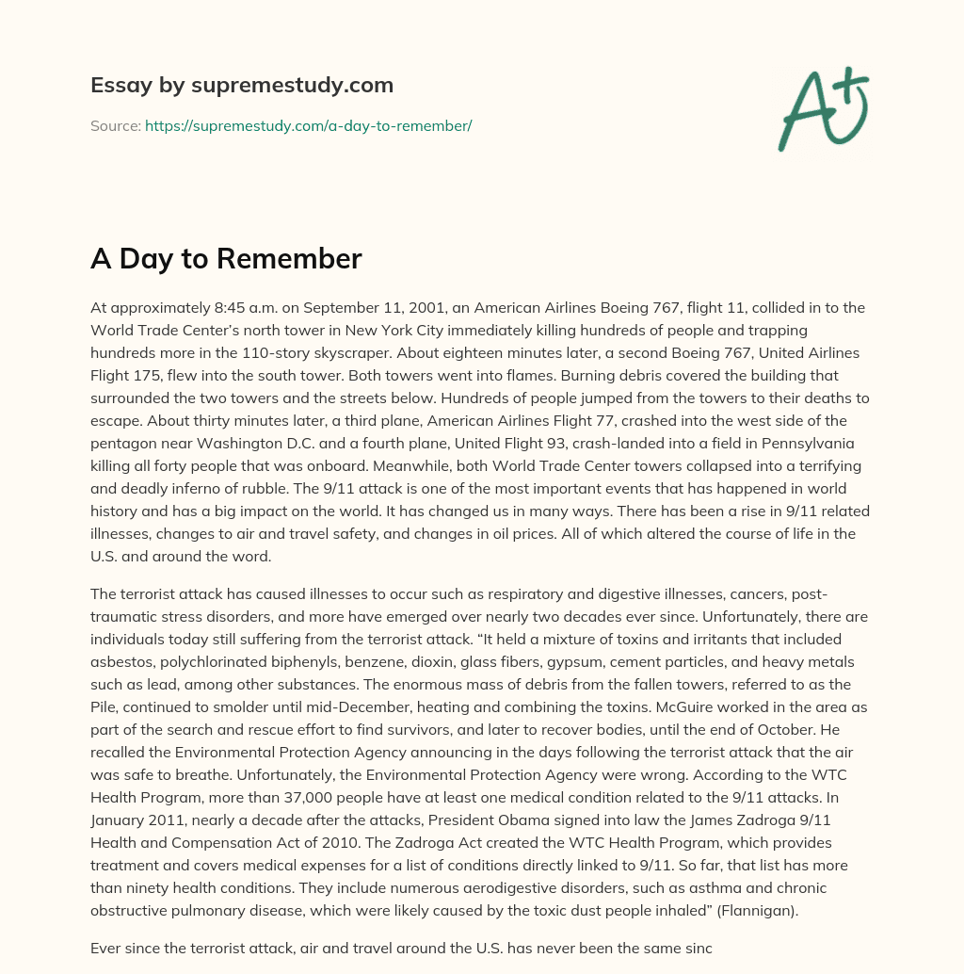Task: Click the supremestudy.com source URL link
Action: (x=308, y=125)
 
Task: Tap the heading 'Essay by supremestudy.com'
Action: (x=242, y=86)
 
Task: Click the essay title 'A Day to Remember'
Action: (x=226, y=259)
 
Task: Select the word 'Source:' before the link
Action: (x=115, y=125)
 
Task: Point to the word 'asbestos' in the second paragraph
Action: (x=121, y=662)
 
